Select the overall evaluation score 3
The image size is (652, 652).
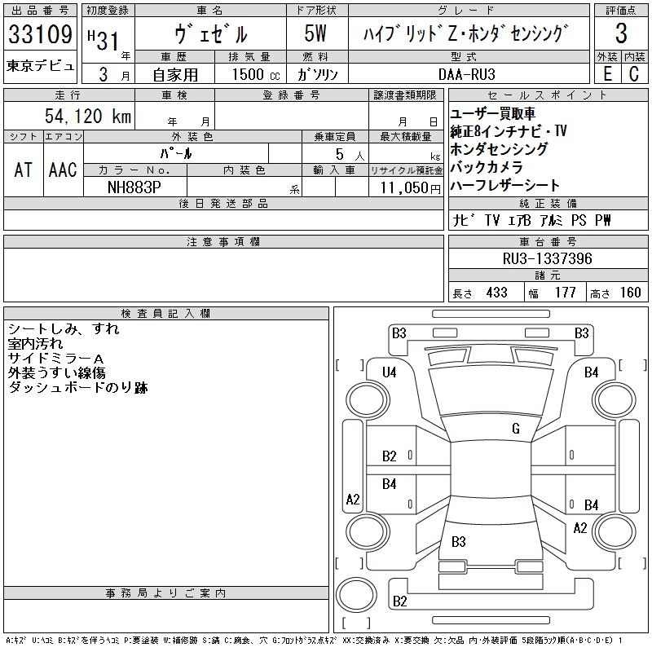click(621, 34)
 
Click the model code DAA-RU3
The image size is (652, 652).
click(462, 73)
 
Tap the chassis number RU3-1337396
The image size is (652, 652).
click(548, 258)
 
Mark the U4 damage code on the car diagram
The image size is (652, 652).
click(390, 372)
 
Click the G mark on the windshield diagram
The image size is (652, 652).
click(516, 429)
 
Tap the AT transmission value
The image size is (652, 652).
click(23, 170)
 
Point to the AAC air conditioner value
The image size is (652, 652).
click(63, 170)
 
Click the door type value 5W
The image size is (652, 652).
click(316, 34)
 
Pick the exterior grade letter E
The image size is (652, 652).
click(606, 73)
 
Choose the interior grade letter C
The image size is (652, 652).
click(633, 73)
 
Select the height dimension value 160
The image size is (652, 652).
click(630, 293)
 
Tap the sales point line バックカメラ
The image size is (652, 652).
click(486, 168)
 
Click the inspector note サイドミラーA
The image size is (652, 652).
click(55, 359)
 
